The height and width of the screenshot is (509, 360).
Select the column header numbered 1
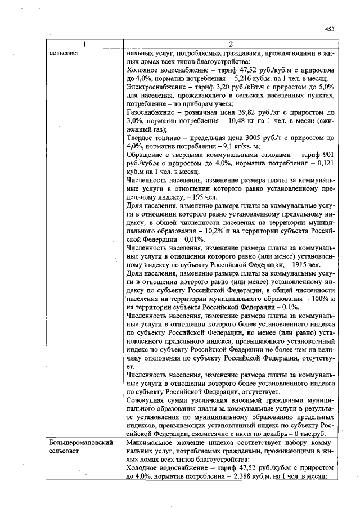click(x=84, y=44)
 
